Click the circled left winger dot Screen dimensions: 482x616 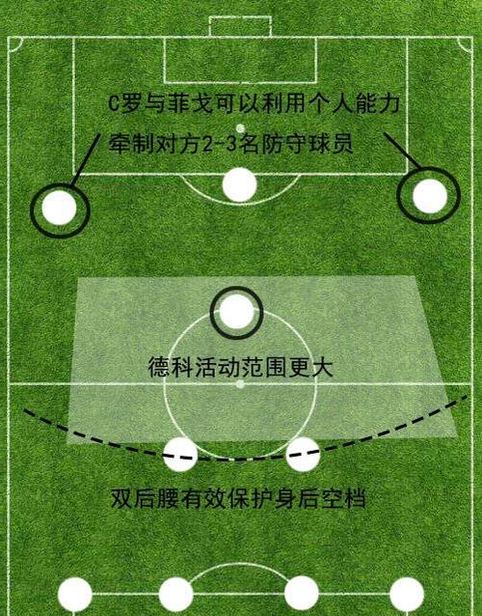tap(59, 208)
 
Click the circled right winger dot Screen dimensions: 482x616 tap(430, 196)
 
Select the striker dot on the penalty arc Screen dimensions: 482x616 tap(240, 184)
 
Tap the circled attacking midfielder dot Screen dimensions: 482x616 tap(236, 312)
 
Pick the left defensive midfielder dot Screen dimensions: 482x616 tap(180, 454)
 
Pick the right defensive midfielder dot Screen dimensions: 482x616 tap(303, 454)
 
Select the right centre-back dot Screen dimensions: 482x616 tap(301, 593)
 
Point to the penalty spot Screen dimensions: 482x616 tap(240, 128)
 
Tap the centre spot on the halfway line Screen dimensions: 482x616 tap(240, 384)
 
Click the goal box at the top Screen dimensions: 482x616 tap(240, 26)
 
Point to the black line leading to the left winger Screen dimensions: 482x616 tap(85, 159)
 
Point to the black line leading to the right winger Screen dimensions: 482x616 tap(402, 151)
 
